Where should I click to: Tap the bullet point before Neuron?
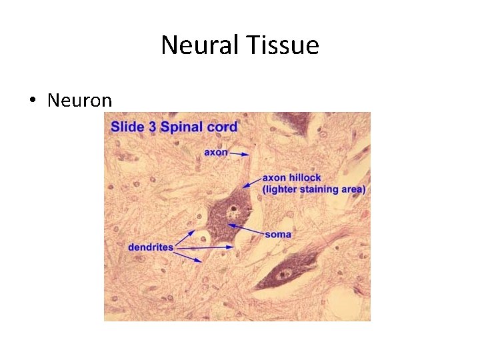tap(32, 101)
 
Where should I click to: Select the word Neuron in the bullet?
tap(79, 101)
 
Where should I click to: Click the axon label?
tap(215, 153)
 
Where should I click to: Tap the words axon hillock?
tap(291, 178)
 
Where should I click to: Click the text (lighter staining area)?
tap(314, 189)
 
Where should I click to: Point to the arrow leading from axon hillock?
tap(251, 182)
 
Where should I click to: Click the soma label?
tap(277, 235)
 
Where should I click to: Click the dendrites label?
tap(150, 247)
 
